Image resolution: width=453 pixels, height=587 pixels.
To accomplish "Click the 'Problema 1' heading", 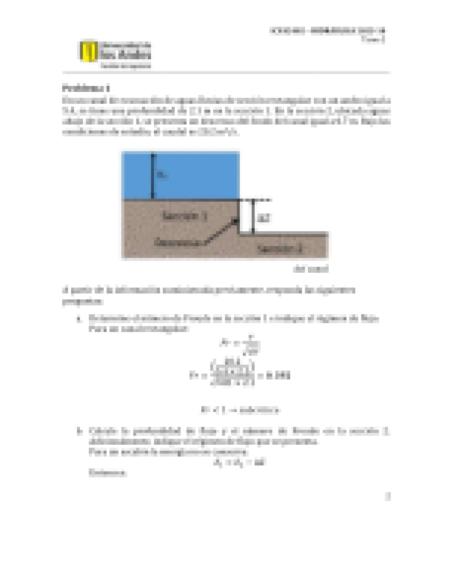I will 86,89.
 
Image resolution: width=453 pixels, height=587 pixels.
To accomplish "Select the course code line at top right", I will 328,31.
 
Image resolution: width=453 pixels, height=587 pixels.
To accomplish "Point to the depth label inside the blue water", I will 161,175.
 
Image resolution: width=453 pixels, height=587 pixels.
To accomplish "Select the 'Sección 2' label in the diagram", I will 280,249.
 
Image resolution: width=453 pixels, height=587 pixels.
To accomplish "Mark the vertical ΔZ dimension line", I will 253,217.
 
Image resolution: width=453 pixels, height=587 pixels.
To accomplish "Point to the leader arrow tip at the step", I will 235,221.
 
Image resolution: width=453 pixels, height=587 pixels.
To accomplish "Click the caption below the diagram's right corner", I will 311,269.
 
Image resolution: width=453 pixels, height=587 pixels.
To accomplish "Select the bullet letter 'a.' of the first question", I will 79,319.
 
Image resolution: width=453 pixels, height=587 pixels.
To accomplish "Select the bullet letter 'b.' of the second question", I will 79,431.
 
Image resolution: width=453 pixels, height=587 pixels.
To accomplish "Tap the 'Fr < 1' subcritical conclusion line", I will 240,410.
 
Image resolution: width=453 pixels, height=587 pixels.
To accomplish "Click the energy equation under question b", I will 240,462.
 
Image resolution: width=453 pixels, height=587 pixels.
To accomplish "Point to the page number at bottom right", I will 387,496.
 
